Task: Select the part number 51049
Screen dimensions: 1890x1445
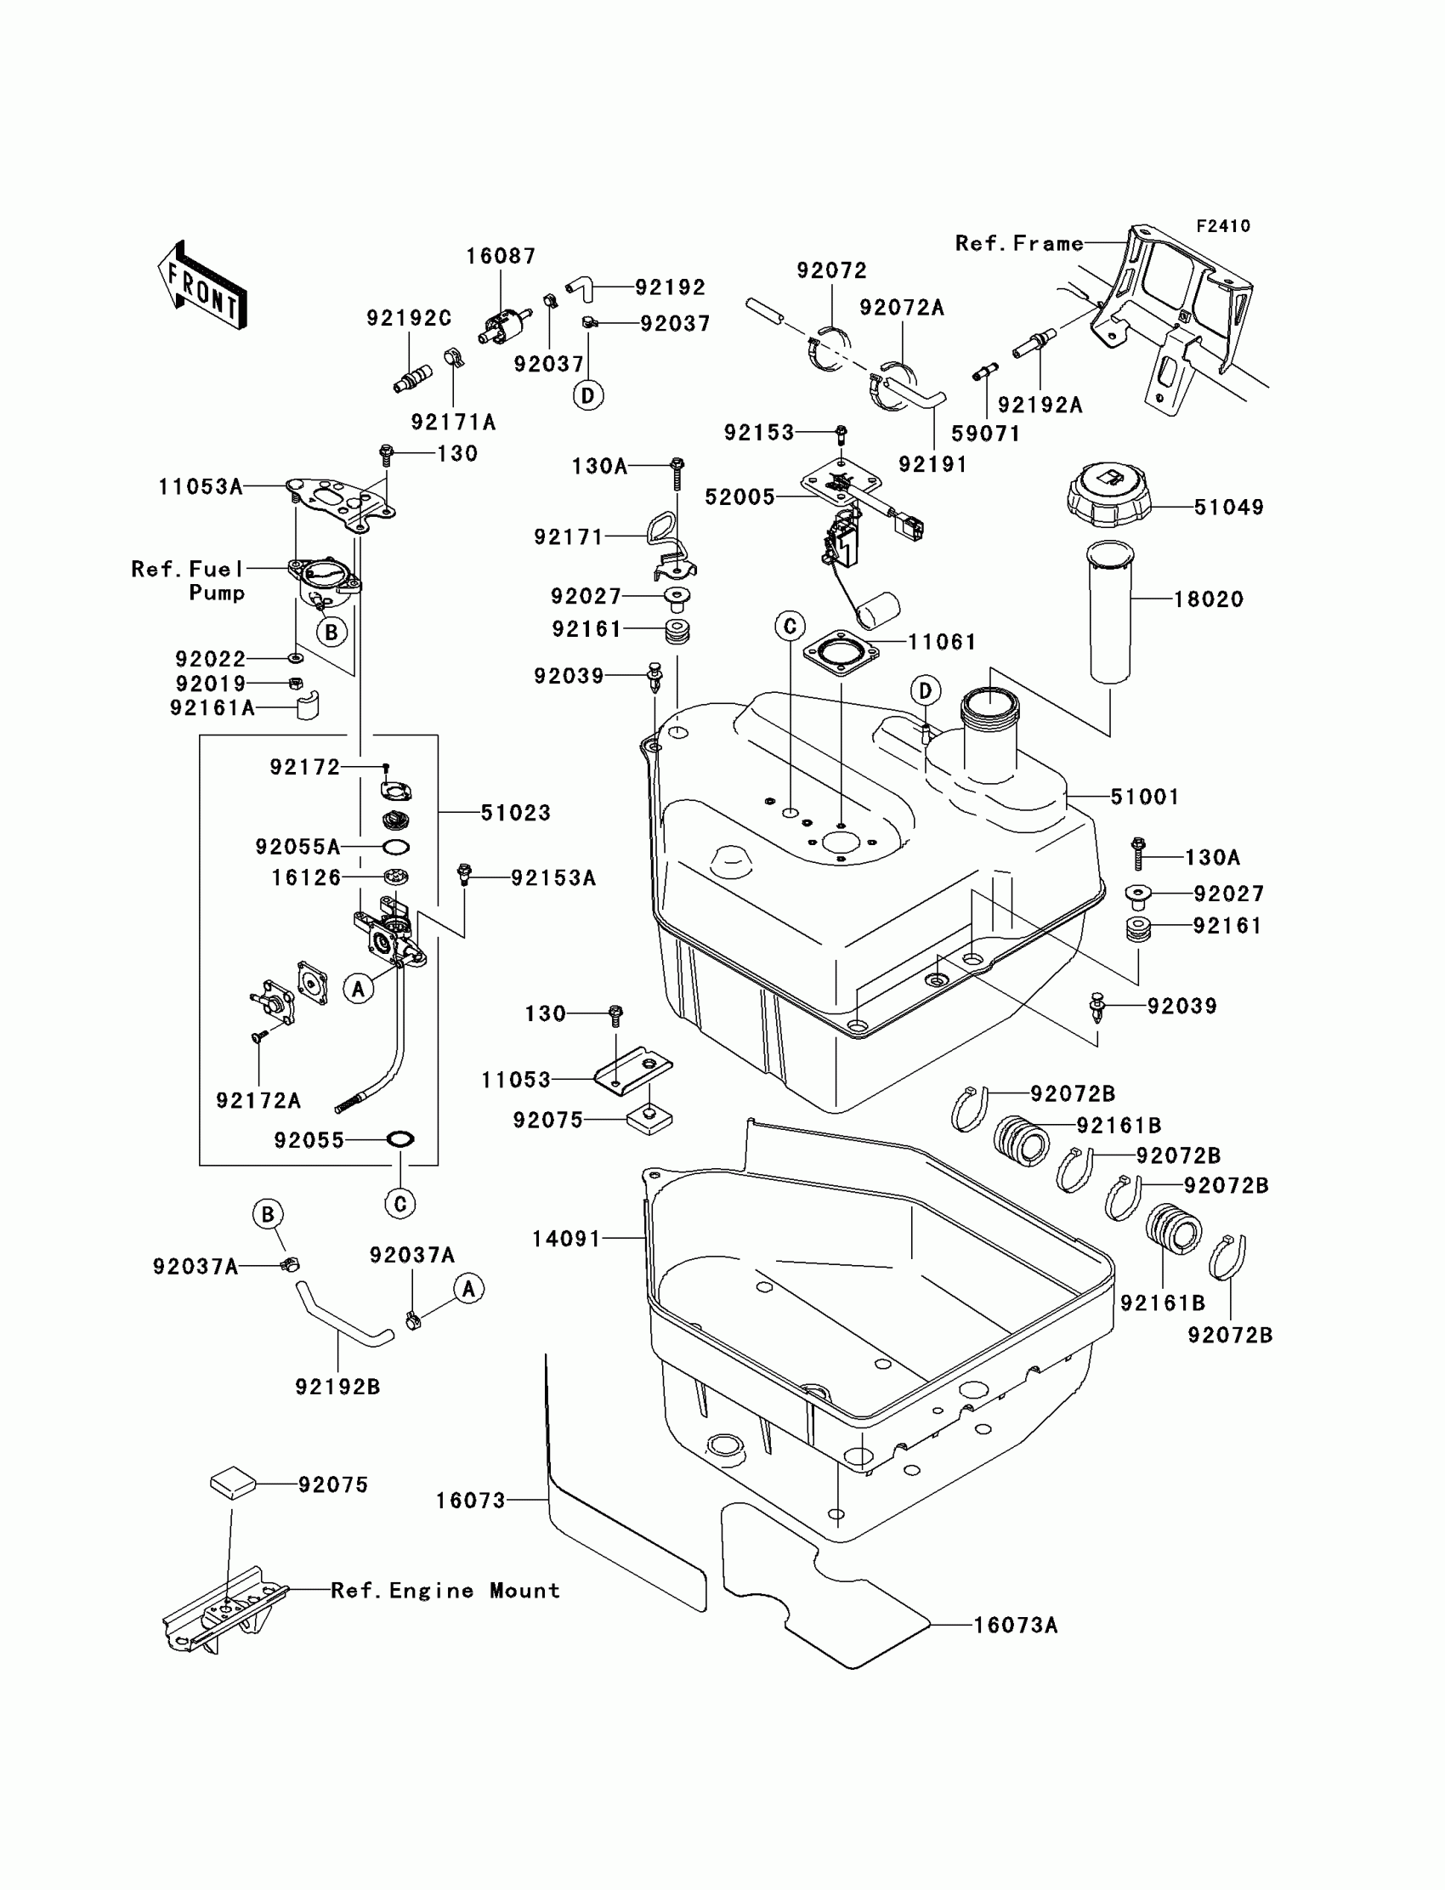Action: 1228,507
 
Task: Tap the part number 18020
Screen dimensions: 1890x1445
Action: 1209,599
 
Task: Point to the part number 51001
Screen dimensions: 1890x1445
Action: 1144,797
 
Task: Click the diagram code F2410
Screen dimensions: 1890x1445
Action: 1222,226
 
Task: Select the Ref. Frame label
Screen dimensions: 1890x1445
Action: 1018,243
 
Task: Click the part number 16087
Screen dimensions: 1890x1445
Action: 501,257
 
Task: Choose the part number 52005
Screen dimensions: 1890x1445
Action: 739,497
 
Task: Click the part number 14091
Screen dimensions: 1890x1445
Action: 566,1239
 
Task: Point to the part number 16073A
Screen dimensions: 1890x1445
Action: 1015,1625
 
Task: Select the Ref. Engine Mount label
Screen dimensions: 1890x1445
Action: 445,1591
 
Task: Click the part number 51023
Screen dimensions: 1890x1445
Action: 515,812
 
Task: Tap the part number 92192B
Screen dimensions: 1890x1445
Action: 337,1387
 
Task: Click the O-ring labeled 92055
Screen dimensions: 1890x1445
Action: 401,1139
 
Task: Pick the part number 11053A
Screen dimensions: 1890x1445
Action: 201,487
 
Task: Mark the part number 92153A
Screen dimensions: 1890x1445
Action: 553,877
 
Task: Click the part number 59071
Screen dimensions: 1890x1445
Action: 985,434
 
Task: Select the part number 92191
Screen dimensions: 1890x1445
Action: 932,464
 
